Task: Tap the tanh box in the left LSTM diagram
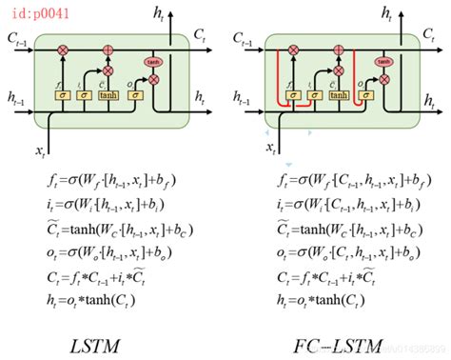108,95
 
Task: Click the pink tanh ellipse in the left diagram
153,62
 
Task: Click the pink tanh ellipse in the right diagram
385,62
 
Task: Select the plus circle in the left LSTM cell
108,48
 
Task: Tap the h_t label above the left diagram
157,12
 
